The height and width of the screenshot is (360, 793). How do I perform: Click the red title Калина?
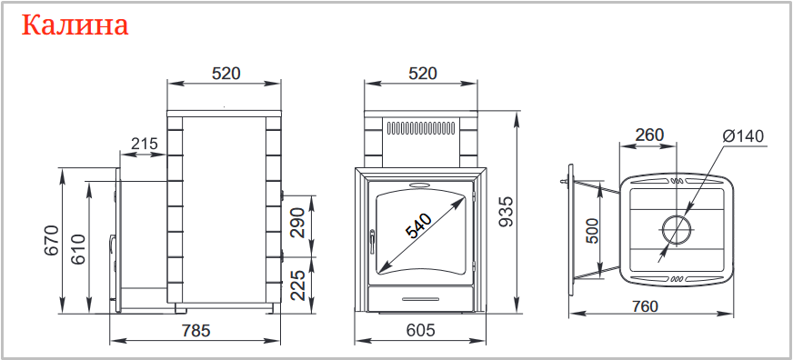(x=75, y=25)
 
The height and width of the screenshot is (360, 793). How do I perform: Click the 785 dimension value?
(x=196, y=331)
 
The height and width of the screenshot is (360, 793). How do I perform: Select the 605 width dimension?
(x=421, y=331)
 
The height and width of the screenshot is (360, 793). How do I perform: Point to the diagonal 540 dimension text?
(x=418, y=226)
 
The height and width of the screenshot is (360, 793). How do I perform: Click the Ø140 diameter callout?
(x=744, y=136)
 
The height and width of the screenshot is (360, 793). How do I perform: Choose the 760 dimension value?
(x=645, y=306)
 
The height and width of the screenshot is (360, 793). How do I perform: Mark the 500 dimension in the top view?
(x=593, y=231)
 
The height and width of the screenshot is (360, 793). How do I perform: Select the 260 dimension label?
(x=649, y=135)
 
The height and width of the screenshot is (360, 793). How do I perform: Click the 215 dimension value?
(x=145, y=144)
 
